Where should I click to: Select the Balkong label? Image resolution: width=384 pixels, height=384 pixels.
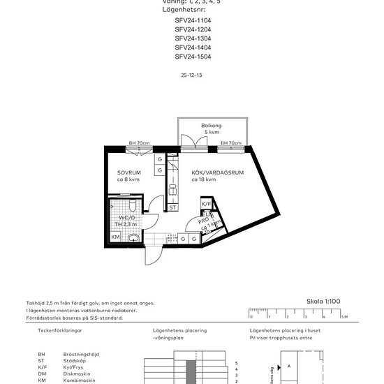coord(212,126)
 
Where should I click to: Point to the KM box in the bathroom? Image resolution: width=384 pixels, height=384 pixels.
coord(116,237)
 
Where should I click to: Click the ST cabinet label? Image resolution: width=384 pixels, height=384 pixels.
coord(172,207)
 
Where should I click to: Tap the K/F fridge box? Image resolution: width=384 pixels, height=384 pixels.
coord(207,204)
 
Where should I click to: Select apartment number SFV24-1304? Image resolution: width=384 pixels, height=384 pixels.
coord(193,38)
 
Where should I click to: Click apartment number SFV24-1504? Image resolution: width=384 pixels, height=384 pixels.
coord(193,57)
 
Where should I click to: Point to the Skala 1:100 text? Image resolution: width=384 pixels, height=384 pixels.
coord(324,301)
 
